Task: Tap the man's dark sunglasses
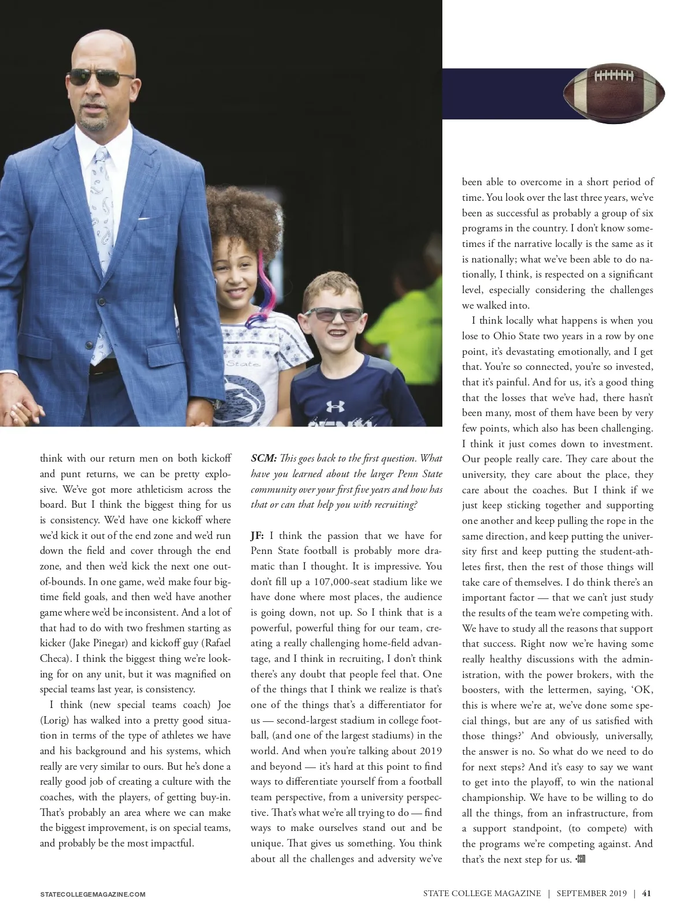101,77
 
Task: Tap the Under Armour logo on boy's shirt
334,406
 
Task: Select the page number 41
647,893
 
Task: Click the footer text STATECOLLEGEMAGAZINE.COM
92,894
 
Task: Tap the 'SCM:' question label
263,459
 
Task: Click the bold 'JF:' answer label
257,535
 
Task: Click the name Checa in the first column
55,658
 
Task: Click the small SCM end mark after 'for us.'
580,859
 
